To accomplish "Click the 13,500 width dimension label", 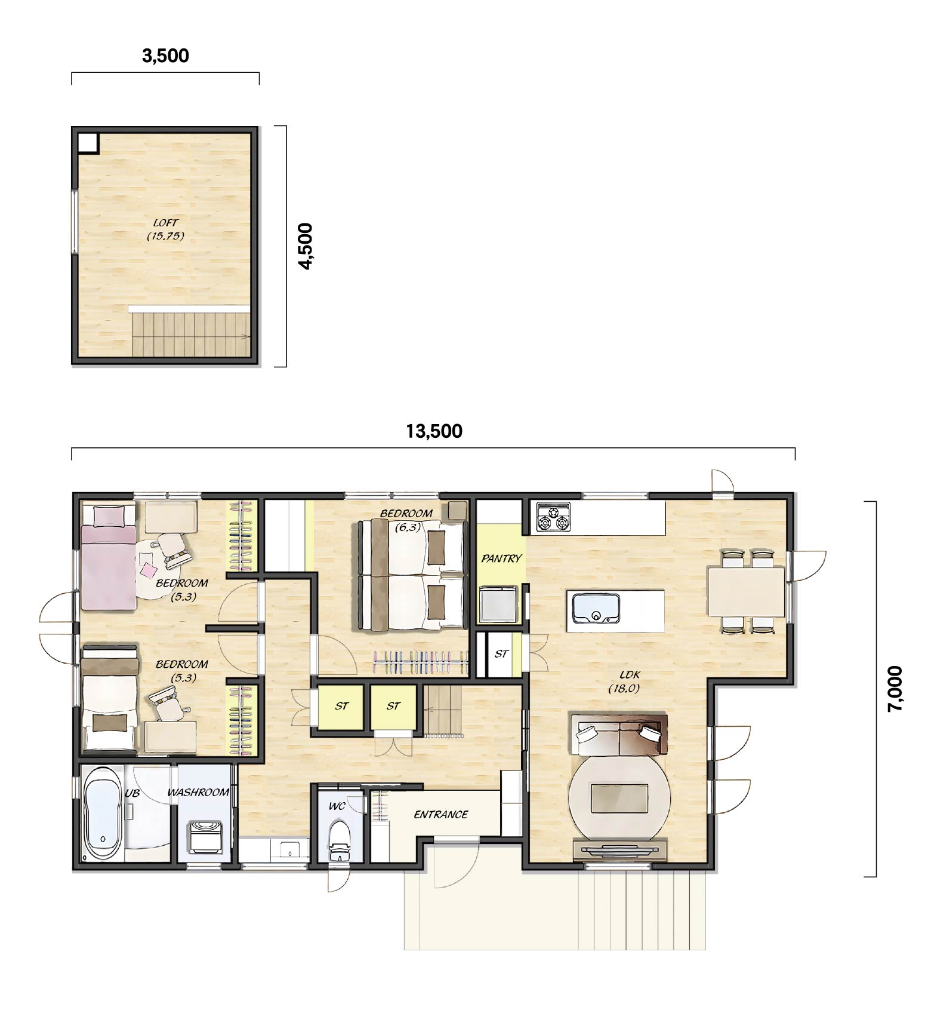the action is pos(434,431).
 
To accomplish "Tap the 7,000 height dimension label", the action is pos(895,688).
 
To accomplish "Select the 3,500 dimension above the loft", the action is pos(165,56).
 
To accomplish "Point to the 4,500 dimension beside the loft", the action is pos(305,246).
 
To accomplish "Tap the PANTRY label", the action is pos(501,558).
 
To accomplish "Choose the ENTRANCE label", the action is pos(441,814).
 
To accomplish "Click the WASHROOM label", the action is pos(198,793).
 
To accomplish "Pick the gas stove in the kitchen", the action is pos(554,517).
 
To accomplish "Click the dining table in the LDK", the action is pos(746,591).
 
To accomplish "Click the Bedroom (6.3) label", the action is pos(406,520).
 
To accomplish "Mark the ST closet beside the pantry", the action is pos(501,654).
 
